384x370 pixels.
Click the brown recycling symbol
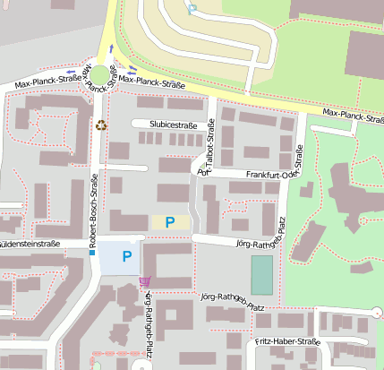101,125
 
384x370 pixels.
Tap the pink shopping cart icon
144,281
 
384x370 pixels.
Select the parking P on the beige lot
169,221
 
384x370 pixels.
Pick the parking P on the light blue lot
126,257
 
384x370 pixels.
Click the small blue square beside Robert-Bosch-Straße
91,254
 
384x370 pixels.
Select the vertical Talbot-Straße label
208,148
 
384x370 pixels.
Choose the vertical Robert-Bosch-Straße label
94,208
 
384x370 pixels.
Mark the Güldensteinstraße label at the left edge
30,244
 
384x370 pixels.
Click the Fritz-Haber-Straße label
287,341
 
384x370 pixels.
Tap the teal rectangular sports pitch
261,275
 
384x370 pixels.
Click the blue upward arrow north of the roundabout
112,48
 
